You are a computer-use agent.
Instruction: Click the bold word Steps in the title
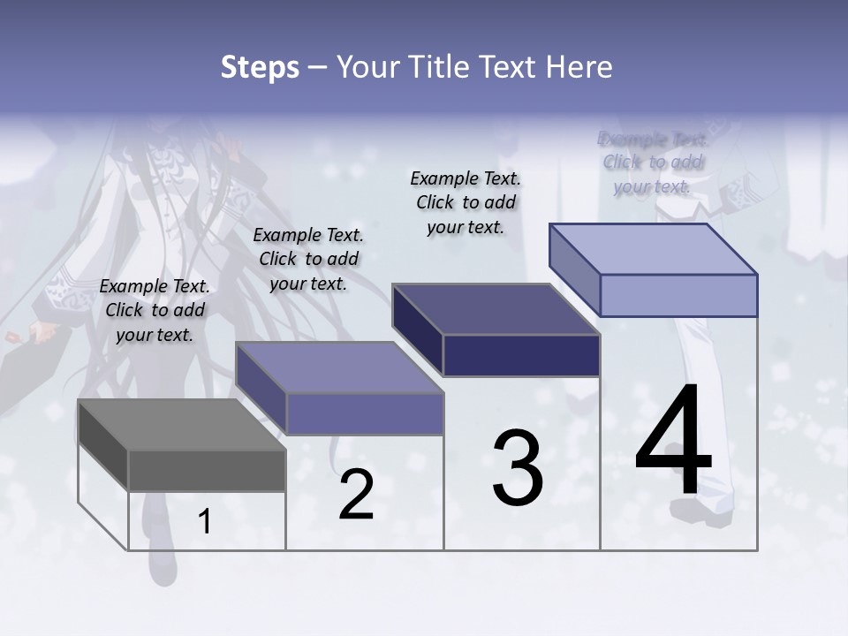260,67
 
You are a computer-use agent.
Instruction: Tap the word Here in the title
578,67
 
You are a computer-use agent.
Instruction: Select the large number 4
673,442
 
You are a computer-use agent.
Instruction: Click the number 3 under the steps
518,468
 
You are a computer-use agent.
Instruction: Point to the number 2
356,495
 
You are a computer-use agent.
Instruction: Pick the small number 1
205,522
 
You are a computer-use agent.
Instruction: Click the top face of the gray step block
181,425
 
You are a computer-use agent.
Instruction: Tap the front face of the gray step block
207,471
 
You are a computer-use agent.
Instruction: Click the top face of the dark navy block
495,309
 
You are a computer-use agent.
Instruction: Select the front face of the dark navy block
521,356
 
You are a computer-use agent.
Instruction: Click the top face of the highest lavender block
653,248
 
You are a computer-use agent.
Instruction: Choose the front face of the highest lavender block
678,295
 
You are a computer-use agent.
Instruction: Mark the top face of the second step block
339,367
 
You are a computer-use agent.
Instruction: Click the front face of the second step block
364,413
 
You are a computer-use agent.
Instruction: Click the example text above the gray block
155,310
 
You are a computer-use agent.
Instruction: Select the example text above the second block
308,259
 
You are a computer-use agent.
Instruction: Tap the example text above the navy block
466,202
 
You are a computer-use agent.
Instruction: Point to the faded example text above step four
653,163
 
